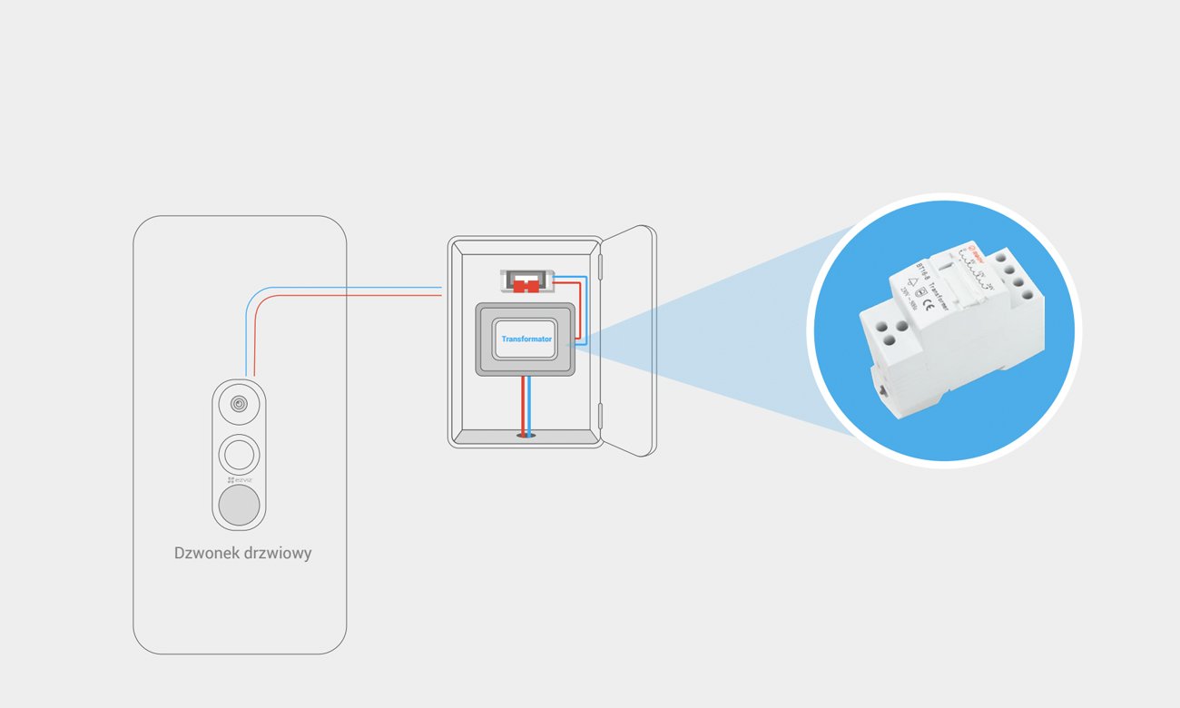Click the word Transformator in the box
(x=526, y=339)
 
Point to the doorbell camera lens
(x=239, y=405)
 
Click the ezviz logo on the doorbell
(x=240, y=478)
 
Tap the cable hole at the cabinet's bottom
(x=526, y=436)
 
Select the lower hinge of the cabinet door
(x=600, y=416)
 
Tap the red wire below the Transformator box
(x=521, y=404)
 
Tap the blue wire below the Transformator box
(x=529, y=404)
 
